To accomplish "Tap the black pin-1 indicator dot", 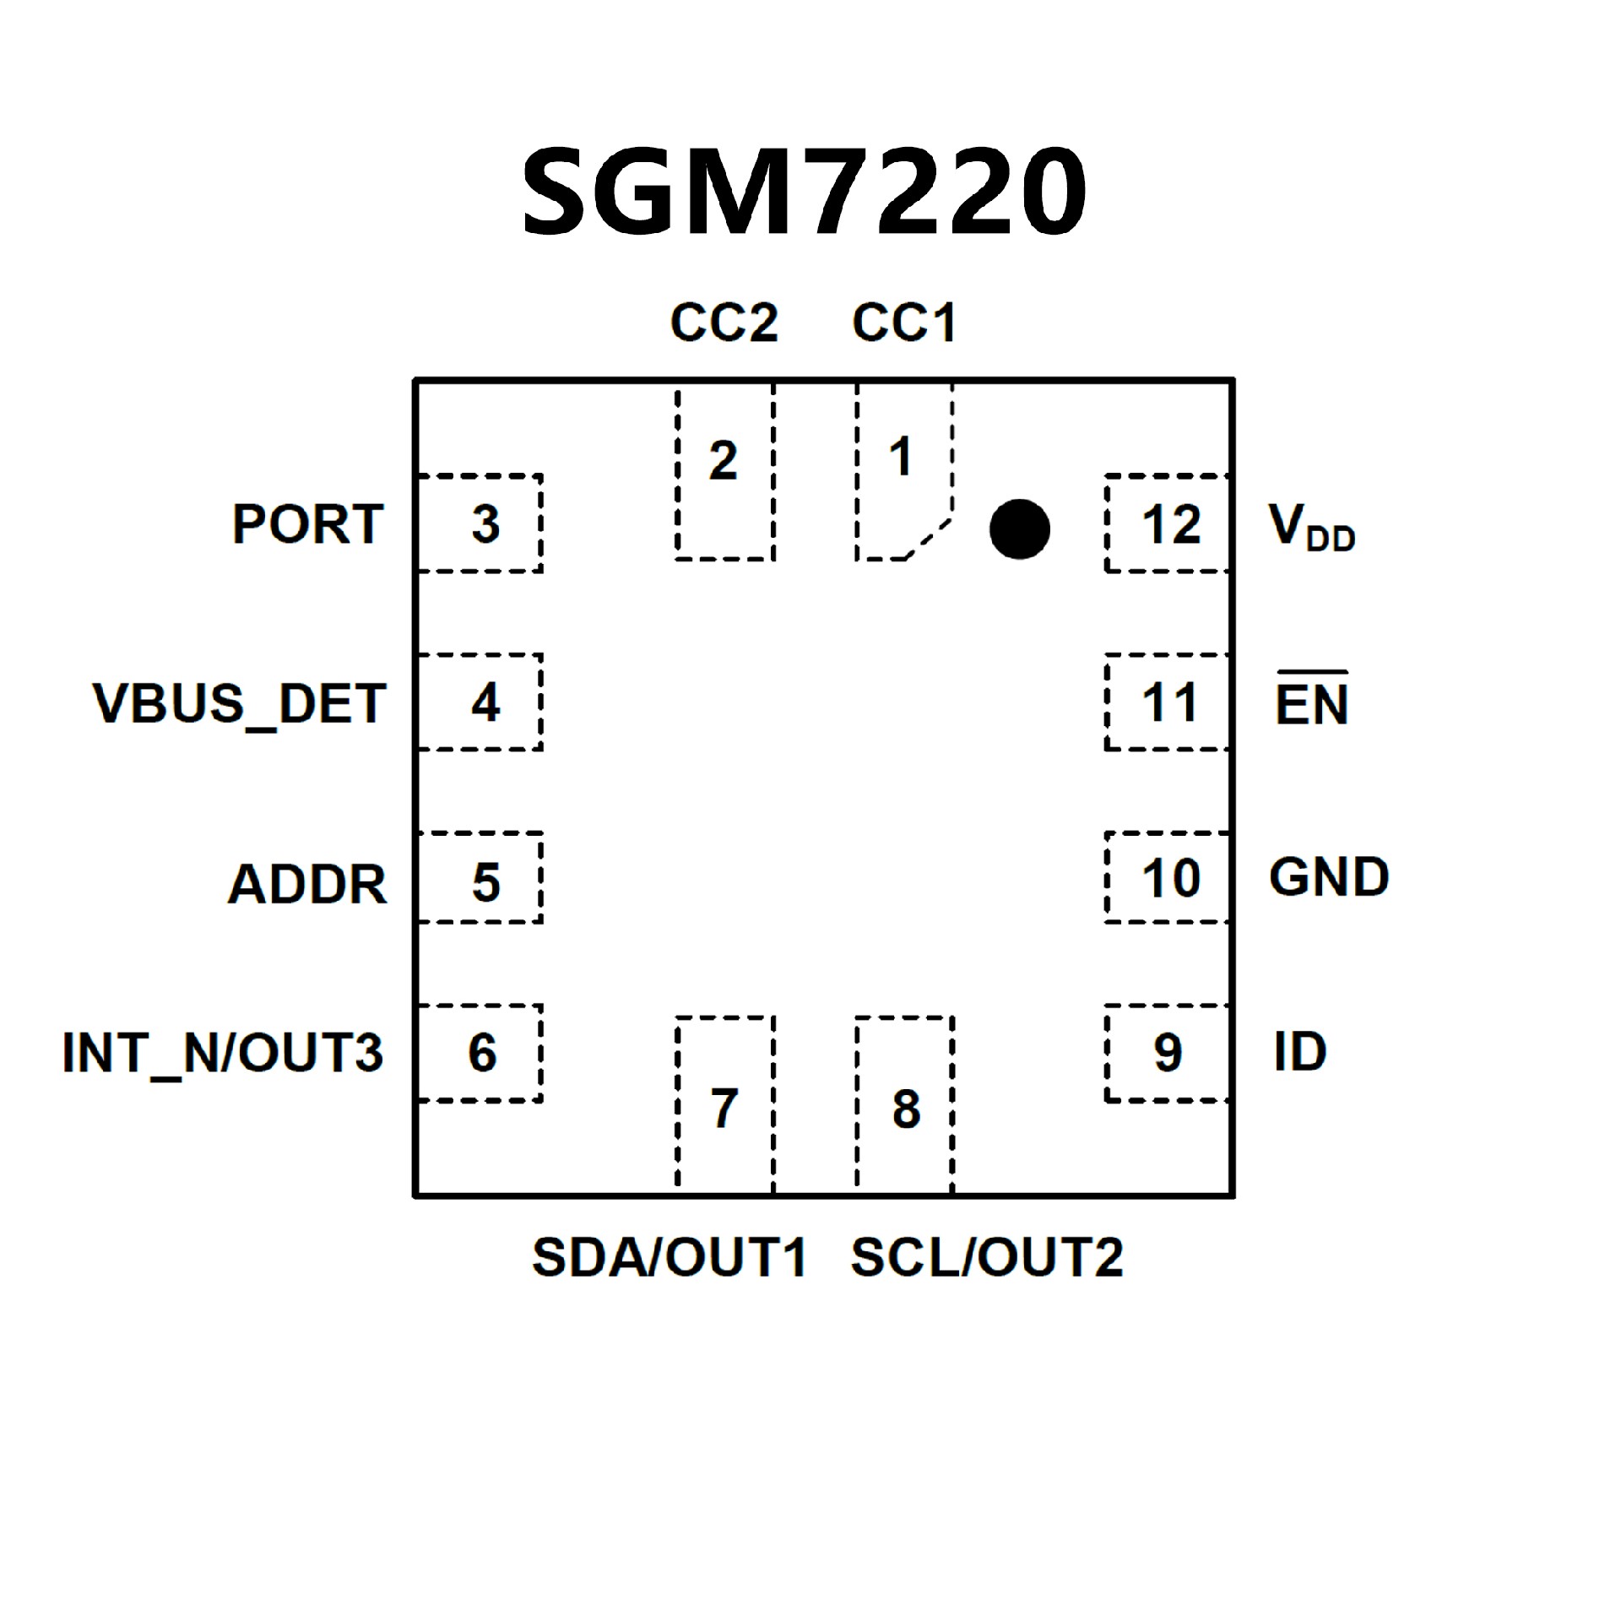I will pos(1019,529).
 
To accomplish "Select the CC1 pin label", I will pos(903,323).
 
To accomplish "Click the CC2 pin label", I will pos(724,323).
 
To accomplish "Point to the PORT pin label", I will pos(308,524).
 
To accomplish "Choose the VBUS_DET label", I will pos(240,704).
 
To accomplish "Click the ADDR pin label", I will pos(307,884).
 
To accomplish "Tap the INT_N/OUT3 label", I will pos(223,1053).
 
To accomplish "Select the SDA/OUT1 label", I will pos(669,1257).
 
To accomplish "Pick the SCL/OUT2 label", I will pos(987,1257).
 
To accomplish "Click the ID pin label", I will pos(1300,1052).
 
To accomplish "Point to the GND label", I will pos(1329,877).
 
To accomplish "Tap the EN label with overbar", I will pos(1311,702).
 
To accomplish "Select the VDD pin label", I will pos(1311,528).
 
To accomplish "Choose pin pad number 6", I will pos(480,1053).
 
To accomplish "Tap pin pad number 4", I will pos(480,702).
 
